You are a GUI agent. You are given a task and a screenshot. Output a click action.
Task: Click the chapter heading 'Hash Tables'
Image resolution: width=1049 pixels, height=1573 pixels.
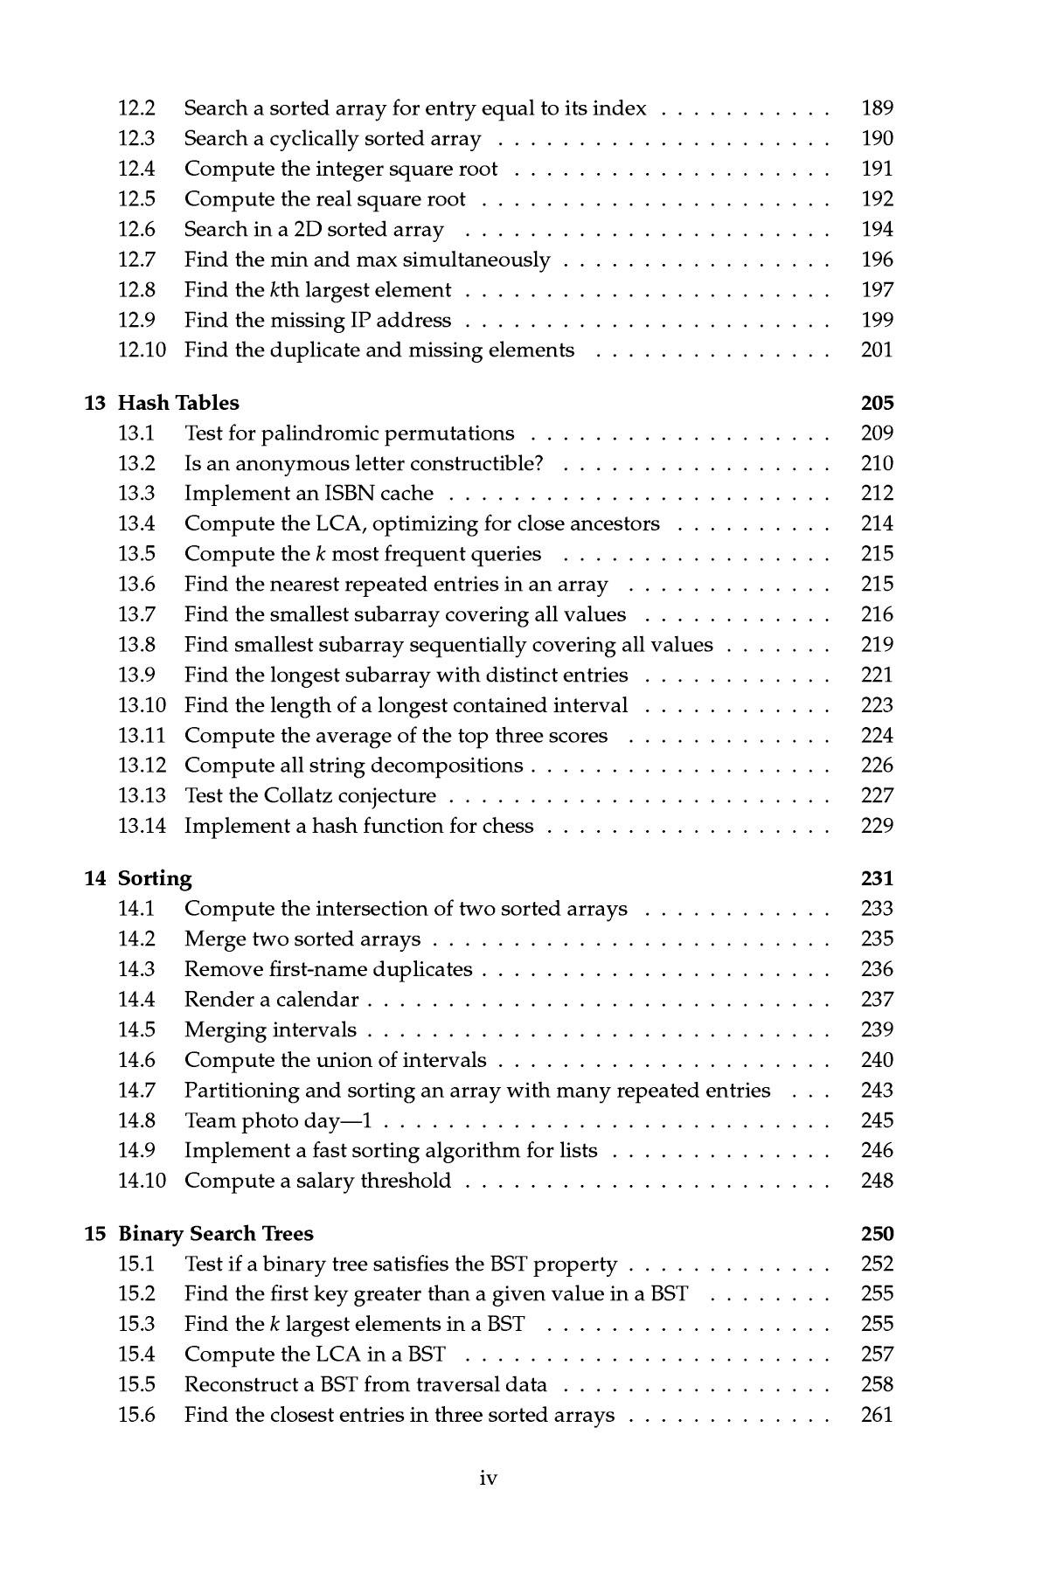click(178, 403)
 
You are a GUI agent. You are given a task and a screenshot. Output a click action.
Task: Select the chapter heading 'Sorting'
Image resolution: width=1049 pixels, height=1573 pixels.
click(155, 878)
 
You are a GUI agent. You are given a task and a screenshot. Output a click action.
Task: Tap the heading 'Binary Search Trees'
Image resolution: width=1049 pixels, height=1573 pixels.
click(215, 1233)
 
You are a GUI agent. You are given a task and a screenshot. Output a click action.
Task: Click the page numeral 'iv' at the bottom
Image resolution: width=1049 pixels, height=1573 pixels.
click(489, 1478)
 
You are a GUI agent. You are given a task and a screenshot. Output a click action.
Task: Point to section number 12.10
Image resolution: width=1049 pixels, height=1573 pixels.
click(141, 350)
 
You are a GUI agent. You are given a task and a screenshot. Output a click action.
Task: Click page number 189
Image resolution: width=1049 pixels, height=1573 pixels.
click(877, 108)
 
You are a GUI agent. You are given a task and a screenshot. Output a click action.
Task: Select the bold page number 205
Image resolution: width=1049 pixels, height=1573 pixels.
click(877, 403)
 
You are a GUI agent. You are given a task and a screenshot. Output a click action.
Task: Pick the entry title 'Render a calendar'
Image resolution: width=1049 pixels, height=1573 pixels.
click(271, 1000)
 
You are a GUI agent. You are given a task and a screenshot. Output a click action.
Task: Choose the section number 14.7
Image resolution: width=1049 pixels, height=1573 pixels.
click(136, 1091)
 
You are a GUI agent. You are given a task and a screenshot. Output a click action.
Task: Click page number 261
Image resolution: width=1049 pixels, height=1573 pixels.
click(877, 1415)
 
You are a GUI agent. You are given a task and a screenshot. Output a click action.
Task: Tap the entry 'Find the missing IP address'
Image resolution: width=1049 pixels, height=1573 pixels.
click(317, 321)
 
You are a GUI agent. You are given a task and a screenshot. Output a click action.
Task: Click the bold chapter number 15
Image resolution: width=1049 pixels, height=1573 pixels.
click(94, 1233)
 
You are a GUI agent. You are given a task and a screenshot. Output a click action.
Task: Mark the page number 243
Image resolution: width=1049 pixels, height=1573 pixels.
click(877, 1091)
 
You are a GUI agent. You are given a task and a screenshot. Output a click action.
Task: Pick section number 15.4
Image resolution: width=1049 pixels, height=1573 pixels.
click(136, 1355)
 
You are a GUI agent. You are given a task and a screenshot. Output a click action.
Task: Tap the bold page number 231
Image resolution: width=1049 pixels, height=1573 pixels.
click(877, 878)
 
